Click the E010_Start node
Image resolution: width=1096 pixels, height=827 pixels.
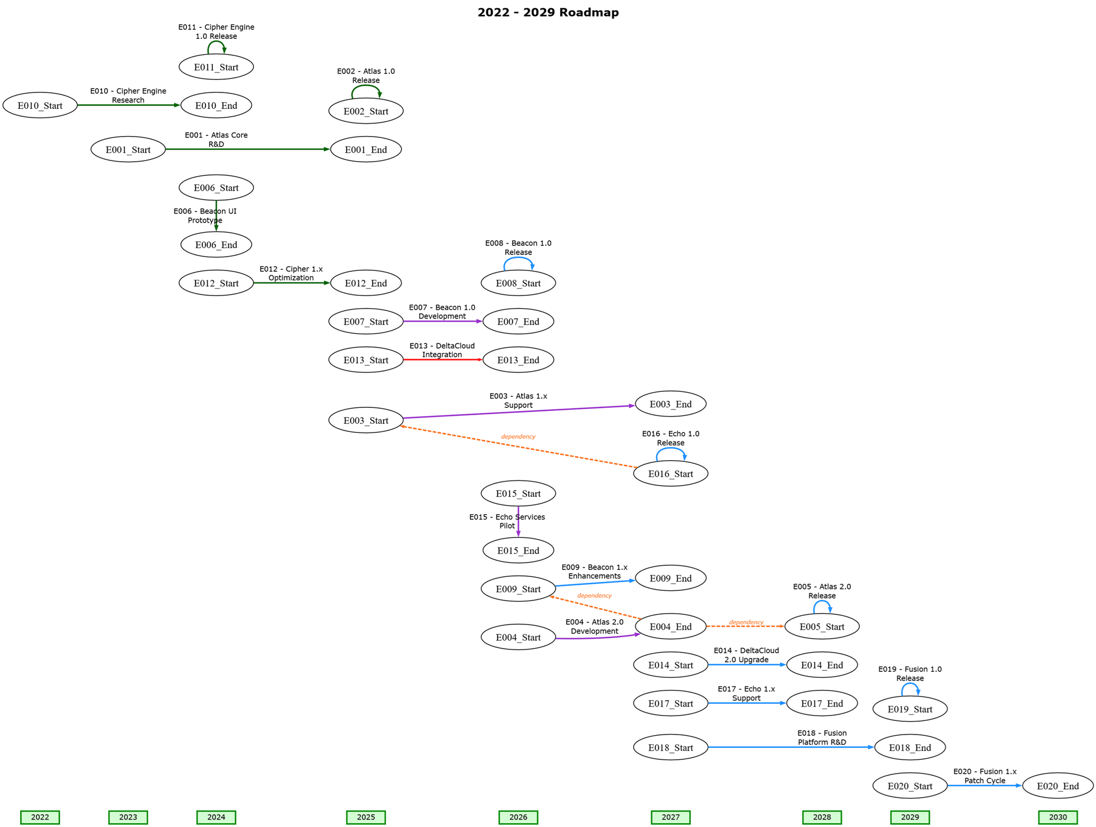coord(40,105)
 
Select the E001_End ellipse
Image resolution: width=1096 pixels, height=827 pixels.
coord(365,149)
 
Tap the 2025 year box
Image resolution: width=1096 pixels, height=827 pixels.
coord(365,816)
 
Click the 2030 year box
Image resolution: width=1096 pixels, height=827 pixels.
coord(1057,816)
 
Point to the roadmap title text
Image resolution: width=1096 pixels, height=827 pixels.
coord(548,12)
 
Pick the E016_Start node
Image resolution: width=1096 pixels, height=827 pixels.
coord(670,473)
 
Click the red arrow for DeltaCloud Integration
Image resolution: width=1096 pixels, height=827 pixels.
coord(442,359)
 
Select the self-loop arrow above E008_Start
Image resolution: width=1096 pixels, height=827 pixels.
coord(518,259)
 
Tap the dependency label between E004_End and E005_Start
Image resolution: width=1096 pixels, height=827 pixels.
coord(746,622)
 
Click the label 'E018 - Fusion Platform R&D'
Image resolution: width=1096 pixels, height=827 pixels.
coord(821,737)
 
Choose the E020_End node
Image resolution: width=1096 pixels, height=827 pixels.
coord(1057,785)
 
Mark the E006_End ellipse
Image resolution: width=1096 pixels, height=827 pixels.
coord(216,245)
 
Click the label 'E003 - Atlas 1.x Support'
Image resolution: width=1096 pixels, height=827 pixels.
coord(518,400)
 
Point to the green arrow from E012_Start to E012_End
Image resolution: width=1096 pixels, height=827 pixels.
coord(291,283)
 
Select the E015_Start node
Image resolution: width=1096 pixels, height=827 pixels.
coord(518,493)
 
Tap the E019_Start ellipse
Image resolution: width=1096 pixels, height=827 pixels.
coord(909,709)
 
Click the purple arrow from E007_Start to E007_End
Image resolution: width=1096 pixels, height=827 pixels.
coord(442,321)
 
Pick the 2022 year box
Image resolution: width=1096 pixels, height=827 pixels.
coord(40,816)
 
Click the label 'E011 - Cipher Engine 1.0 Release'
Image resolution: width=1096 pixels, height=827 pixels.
coord(216,31)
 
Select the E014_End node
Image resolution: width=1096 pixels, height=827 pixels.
coord(821,664)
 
